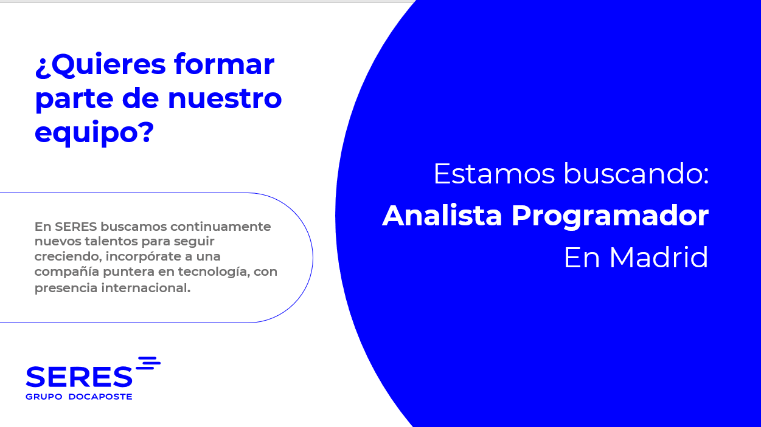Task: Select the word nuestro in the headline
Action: click(225, 98)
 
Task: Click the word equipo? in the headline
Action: click(94, 133)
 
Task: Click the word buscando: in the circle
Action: click(636, 173)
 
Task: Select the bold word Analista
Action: click(442, 216)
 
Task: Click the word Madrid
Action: click(659, 257)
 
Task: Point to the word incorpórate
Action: click(144, 257)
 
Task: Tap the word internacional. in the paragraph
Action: click(146, 288)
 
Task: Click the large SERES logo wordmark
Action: click(79, 377)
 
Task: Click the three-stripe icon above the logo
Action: click(148, 363)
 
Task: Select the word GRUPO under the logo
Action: click(44, 397)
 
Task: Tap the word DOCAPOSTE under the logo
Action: click(100, 397)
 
